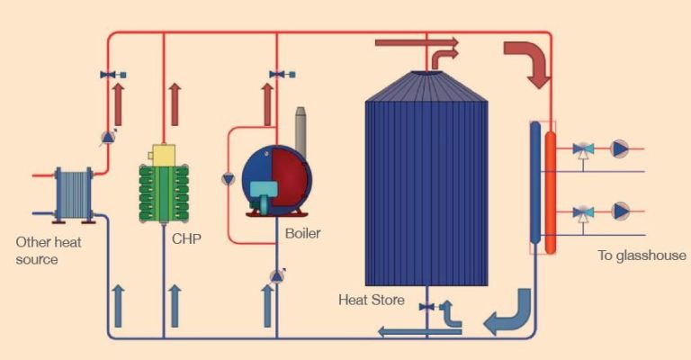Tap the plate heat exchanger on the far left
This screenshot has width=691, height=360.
(x=74, y=193)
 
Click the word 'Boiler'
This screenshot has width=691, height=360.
(x=302, y=234)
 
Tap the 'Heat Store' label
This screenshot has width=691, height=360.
(x=371, y=299)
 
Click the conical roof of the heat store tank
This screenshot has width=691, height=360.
(x=426, y=86)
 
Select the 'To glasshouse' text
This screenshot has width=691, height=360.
(x=642, y=256)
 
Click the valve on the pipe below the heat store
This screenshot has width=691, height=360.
(x=426, y=307)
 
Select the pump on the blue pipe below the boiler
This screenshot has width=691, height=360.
(x=276, y=275)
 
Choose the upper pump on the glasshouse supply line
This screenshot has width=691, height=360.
(x=620, y=148)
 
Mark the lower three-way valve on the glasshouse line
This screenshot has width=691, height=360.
(x=584, y=212)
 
